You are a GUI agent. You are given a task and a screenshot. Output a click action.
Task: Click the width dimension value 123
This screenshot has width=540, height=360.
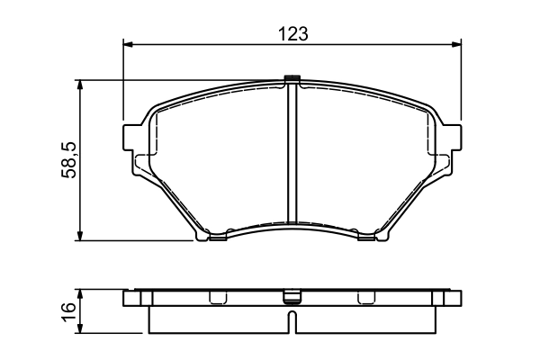coord(293,33)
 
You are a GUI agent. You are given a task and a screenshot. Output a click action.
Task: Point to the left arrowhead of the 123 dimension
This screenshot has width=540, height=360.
coord(128,44)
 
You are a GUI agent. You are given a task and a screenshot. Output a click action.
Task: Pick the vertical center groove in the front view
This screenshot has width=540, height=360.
coord(292,153)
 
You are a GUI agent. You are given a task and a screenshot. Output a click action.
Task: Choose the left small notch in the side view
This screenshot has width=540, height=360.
coord(215,298)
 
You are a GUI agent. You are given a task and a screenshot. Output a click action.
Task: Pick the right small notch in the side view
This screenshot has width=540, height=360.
coord(364,298)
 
